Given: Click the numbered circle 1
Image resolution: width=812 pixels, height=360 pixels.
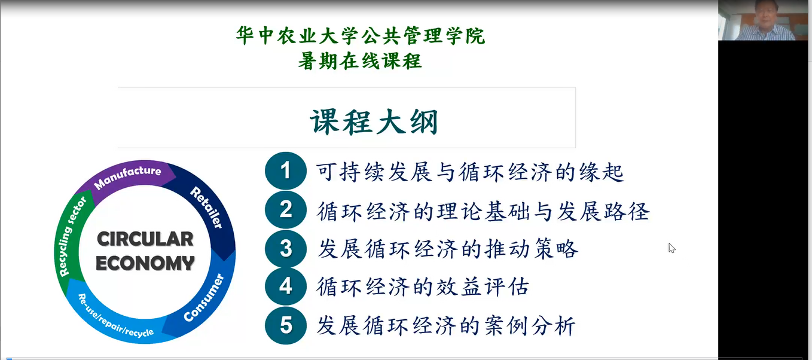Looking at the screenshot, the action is click(286, 171).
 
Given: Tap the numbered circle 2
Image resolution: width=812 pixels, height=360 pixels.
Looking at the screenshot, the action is click(286, 209).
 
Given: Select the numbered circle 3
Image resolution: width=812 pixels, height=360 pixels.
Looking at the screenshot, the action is click(286, 249).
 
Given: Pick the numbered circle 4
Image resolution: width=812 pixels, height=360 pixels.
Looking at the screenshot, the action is click(286, 286).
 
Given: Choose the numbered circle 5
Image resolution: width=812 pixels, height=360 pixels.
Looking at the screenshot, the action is click(286, 325).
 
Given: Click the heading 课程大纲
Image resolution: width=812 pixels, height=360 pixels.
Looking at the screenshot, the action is click(374, 121).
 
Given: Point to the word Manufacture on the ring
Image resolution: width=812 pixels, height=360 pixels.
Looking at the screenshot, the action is click(127, 176).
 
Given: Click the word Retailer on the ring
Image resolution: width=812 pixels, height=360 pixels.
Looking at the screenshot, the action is click(207, 208).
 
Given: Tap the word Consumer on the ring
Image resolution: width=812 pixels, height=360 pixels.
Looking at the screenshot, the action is click(204, 298).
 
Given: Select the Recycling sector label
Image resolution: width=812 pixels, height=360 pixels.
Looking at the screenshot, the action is click(72, 236).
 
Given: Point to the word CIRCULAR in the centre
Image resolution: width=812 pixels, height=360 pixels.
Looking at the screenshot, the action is click(145, 239).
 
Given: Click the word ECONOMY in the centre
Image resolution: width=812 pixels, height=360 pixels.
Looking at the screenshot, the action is click(145, 263).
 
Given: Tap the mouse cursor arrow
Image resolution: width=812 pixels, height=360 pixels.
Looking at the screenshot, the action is click(671, 248).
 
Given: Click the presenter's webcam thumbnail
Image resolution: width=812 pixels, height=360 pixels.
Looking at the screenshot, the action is click(763, 20).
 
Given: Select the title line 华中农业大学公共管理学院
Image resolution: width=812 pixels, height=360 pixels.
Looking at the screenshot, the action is click(361, 35).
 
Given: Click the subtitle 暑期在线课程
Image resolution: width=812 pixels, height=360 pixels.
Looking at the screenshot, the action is click(360, 60).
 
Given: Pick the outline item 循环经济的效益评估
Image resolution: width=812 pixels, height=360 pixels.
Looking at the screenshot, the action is click(423, 287).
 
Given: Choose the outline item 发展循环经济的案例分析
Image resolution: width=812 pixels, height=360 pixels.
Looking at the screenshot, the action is click(446, 325).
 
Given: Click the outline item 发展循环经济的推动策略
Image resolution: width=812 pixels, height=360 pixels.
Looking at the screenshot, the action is click(448, 249).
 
